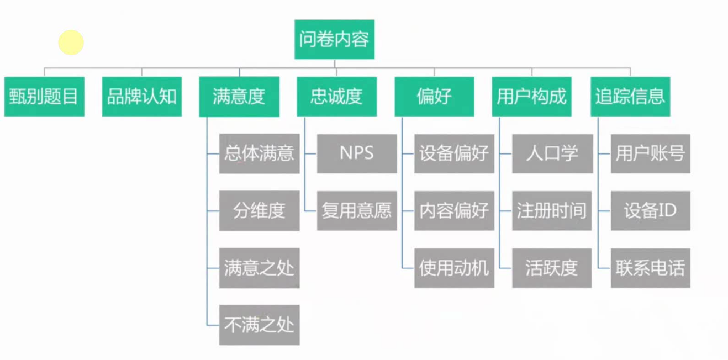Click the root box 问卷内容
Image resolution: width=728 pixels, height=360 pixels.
[x=334, y=40]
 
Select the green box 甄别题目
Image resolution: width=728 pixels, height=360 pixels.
[x=44, y=97]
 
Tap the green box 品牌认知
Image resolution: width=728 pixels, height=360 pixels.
[x=142, y=97]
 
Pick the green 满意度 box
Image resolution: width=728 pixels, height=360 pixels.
[x=239, y=97]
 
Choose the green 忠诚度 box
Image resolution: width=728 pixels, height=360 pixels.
[x=337, y=97]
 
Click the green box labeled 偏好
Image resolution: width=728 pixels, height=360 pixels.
[x=434, y=97]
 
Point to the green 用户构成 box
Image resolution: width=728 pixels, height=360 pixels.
[x=532, y=97]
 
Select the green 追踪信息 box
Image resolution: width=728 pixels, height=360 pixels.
[x=630, y=97]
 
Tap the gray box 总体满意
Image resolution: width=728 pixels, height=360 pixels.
[x=259, y=153]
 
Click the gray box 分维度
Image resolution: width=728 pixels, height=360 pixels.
[x=259, y=210]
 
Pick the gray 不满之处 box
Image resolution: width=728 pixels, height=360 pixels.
[x=259, y=325]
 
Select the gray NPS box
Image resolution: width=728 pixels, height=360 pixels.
[x=357, y=153]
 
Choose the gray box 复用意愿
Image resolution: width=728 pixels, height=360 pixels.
[x=357, y=210]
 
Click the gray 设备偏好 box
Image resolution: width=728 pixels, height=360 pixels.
[x=454, y=153]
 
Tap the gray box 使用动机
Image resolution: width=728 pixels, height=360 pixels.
[x=454, y=268]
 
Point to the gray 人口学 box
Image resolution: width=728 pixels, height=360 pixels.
[x=552, y=153]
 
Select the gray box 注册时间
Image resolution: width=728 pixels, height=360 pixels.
[x=552, y=210]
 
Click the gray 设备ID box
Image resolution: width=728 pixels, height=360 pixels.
[x=650, y=210]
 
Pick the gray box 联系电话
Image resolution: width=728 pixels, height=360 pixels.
[x=650, y=268]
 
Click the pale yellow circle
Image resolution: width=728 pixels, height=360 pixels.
[x=71, y=43]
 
